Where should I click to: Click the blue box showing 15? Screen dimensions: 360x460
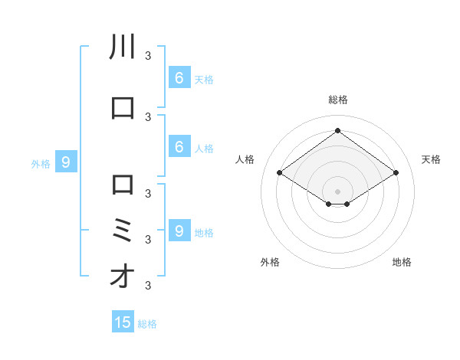click(x=123, y=322)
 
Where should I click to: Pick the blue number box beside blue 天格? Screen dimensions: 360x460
click(x=179, y=77)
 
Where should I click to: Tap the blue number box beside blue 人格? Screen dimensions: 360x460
click(x=179, y=146)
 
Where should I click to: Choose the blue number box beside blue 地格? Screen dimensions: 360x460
click(x=179, y=231)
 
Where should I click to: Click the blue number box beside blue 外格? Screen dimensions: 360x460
click(x=66, y=162)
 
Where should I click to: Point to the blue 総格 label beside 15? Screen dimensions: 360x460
click(x=147, y=324)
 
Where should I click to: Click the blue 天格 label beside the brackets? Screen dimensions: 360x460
click(x=204, y=79)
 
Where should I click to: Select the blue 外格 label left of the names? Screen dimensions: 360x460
click(x=40, y=163)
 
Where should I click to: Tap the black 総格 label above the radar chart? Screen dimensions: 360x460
click(x=337, y=100)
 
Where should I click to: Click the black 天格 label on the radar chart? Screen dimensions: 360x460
click(x=431, y=159)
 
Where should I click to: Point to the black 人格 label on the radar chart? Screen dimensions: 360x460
click(x=245, y=159)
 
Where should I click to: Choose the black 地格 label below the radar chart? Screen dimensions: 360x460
click(x=402, y=262)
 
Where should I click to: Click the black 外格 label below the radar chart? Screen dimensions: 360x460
click(x=270, y=262)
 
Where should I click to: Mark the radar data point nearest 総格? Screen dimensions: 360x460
click(x=337, y=130)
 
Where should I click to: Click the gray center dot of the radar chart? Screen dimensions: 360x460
click(x=337, y=191)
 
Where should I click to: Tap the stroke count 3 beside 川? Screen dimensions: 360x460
click(x=148, y=55)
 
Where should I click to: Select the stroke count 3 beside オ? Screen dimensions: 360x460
click(x=148, y=286)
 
